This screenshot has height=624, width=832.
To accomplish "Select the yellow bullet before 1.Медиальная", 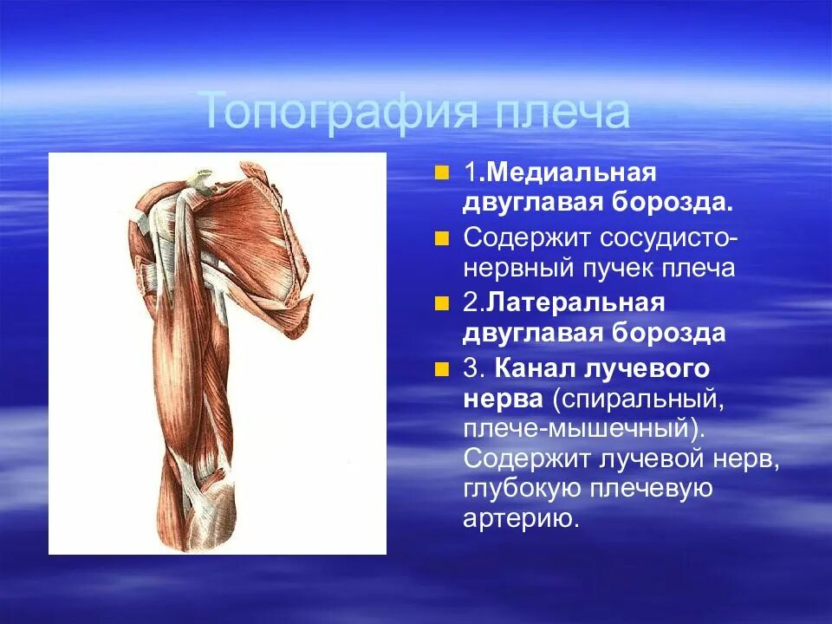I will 443,172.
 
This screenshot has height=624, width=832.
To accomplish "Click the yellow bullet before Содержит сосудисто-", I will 443,237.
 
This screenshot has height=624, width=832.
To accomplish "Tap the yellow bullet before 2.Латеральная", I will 443,302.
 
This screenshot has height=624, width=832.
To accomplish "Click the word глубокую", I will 524,489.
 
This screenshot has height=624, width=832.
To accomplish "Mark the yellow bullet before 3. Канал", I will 443,368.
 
